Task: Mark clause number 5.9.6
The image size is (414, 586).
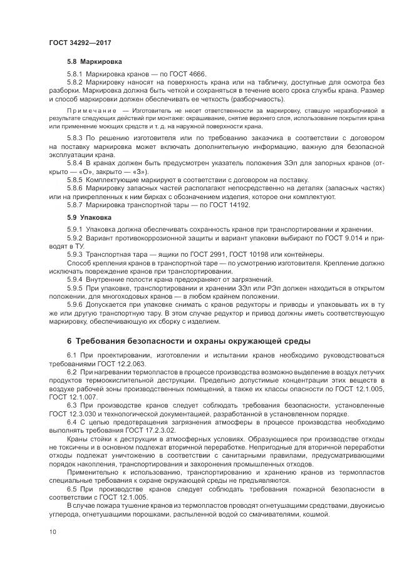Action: coord(75,304)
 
